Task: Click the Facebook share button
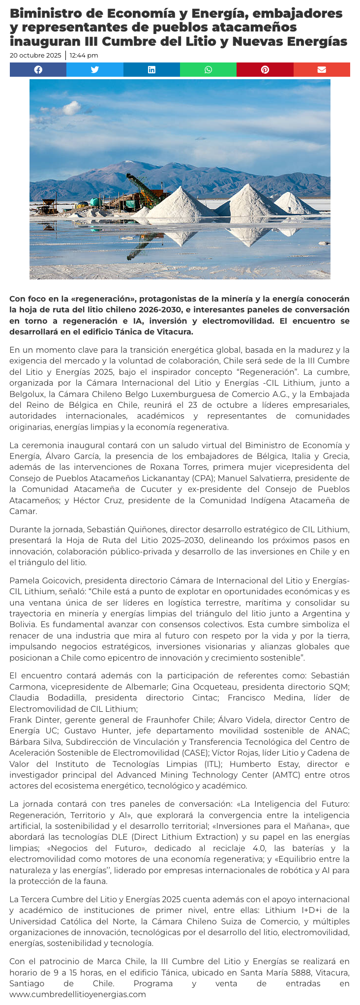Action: pos(38,70)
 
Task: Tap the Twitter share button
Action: pos(95,70)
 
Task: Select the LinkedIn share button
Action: pos(151,70)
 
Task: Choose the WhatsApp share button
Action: pos(209,70)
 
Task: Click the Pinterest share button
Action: pos(265,70)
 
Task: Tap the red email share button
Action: pos(322,70)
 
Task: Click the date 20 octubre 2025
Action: pos(35,56)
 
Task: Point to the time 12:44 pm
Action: pos(84,56)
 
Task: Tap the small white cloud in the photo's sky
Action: pos(71,107)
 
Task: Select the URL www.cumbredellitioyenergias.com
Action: pos(78,994)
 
